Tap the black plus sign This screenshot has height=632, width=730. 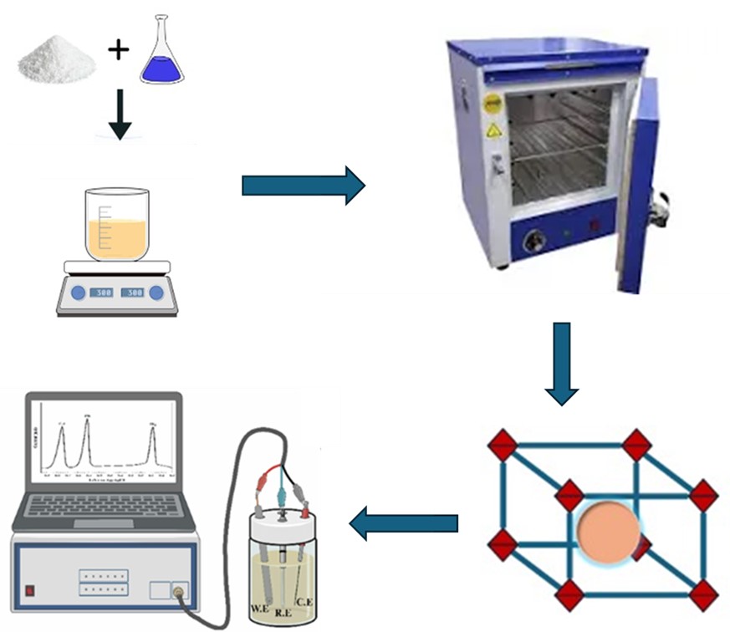tap(119, 51)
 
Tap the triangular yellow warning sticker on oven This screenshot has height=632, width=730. tap(494, 130)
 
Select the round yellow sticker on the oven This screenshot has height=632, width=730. tap(493, 102)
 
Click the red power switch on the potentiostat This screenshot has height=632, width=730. tap(30, 589)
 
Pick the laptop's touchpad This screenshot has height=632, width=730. tap(102, 523)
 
